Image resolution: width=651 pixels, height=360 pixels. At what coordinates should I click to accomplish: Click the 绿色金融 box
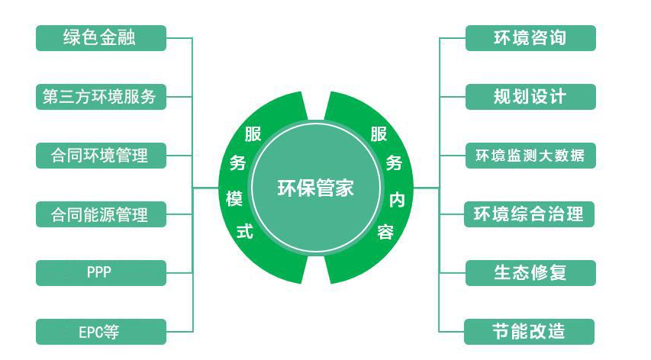[101, 38]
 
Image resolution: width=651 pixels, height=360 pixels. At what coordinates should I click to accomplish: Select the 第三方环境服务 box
[101, 97]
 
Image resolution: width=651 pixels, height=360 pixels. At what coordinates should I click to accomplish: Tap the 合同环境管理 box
[101, 156]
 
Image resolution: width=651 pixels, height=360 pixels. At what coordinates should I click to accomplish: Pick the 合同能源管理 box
[101, 214]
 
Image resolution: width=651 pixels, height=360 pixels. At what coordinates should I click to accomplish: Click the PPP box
[101, 273]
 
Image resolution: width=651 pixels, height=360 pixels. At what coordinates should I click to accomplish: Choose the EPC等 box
[101, 332]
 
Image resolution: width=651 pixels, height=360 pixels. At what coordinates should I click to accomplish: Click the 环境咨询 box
[530, 38]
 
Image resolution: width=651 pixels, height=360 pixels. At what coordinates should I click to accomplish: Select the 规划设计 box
[530, 97]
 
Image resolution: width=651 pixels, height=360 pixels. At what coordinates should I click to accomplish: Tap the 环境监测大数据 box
[530, 156]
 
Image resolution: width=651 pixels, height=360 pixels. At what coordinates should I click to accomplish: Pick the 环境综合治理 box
[529, 214]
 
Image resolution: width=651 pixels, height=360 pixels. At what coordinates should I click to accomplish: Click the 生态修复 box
[530, 273]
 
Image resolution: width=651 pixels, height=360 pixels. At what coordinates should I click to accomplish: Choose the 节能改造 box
[529, 332]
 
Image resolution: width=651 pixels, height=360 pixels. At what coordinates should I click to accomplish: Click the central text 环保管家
[315, 188]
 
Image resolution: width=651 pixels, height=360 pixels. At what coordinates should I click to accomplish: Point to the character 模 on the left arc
[234, 198]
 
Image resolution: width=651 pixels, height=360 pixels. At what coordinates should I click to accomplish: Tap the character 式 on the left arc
[245, 231]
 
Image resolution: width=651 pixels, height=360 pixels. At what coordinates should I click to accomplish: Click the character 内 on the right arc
[397, 201]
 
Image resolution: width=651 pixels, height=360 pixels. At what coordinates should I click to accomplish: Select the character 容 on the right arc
[385, 233]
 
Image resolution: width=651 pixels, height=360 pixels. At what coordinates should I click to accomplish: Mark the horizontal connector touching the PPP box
[179, 273]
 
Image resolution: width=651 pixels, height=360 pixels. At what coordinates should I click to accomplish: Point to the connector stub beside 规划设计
[452, 97]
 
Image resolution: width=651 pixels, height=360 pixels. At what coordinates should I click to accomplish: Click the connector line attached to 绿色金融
[179, 38]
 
